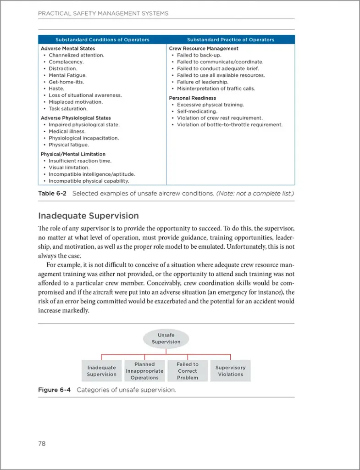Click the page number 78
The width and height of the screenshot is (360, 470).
point(42,443)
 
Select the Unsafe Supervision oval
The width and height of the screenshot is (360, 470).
point(166,338)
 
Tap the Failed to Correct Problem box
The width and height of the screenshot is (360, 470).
point(187,371)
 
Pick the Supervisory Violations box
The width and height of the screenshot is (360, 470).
point(230,371)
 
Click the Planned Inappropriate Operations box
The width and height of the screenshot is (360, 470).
point(144,371)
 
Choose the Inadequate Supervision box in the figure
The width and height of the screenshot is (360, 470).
point(101,371)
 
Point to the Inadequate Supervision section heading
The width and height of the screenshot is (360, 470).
point(89,216)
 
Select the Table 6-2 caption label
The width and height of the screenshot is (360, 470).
point(52,193)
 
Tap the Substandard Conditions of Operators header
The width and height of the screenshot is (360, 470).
point(102,39)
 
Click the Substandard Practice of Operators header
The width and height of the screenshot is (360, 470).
point(230,39)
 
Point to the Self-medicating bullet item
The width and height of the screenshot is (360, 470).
point(197,111)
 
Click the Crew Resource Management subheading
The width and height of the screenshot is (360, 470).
point(204,48)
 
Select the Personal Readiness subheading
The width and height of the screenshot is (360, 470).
point(192,98)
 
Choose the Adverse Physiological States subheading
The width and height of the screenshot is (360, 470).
point(76,118)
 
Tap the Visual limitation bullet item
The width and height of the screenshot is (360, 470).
point(69,168)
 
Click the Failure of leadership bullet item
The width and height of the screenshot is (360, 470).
point(202,82)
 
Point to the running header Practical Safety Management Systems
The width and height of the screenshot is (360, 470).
point(103,13)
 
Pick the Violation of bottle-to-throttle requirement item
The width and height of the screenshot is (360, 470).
point(230,124)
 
